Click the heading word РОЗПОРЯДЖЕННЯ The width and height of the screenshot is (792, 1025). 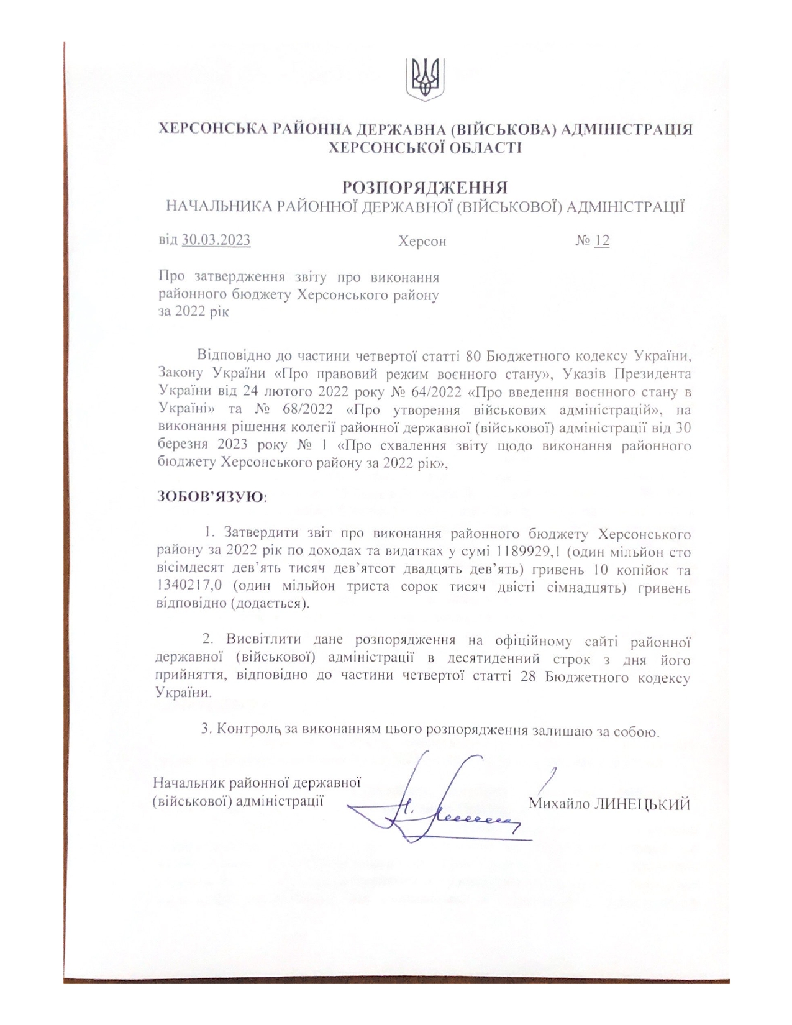(425, 187)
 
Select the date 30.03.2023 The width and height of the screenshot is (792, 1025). (216, 240)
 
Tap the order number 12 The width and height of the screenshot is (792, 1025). (602, 240)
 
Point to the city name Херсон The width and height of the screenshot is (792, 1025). (422, 241)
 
